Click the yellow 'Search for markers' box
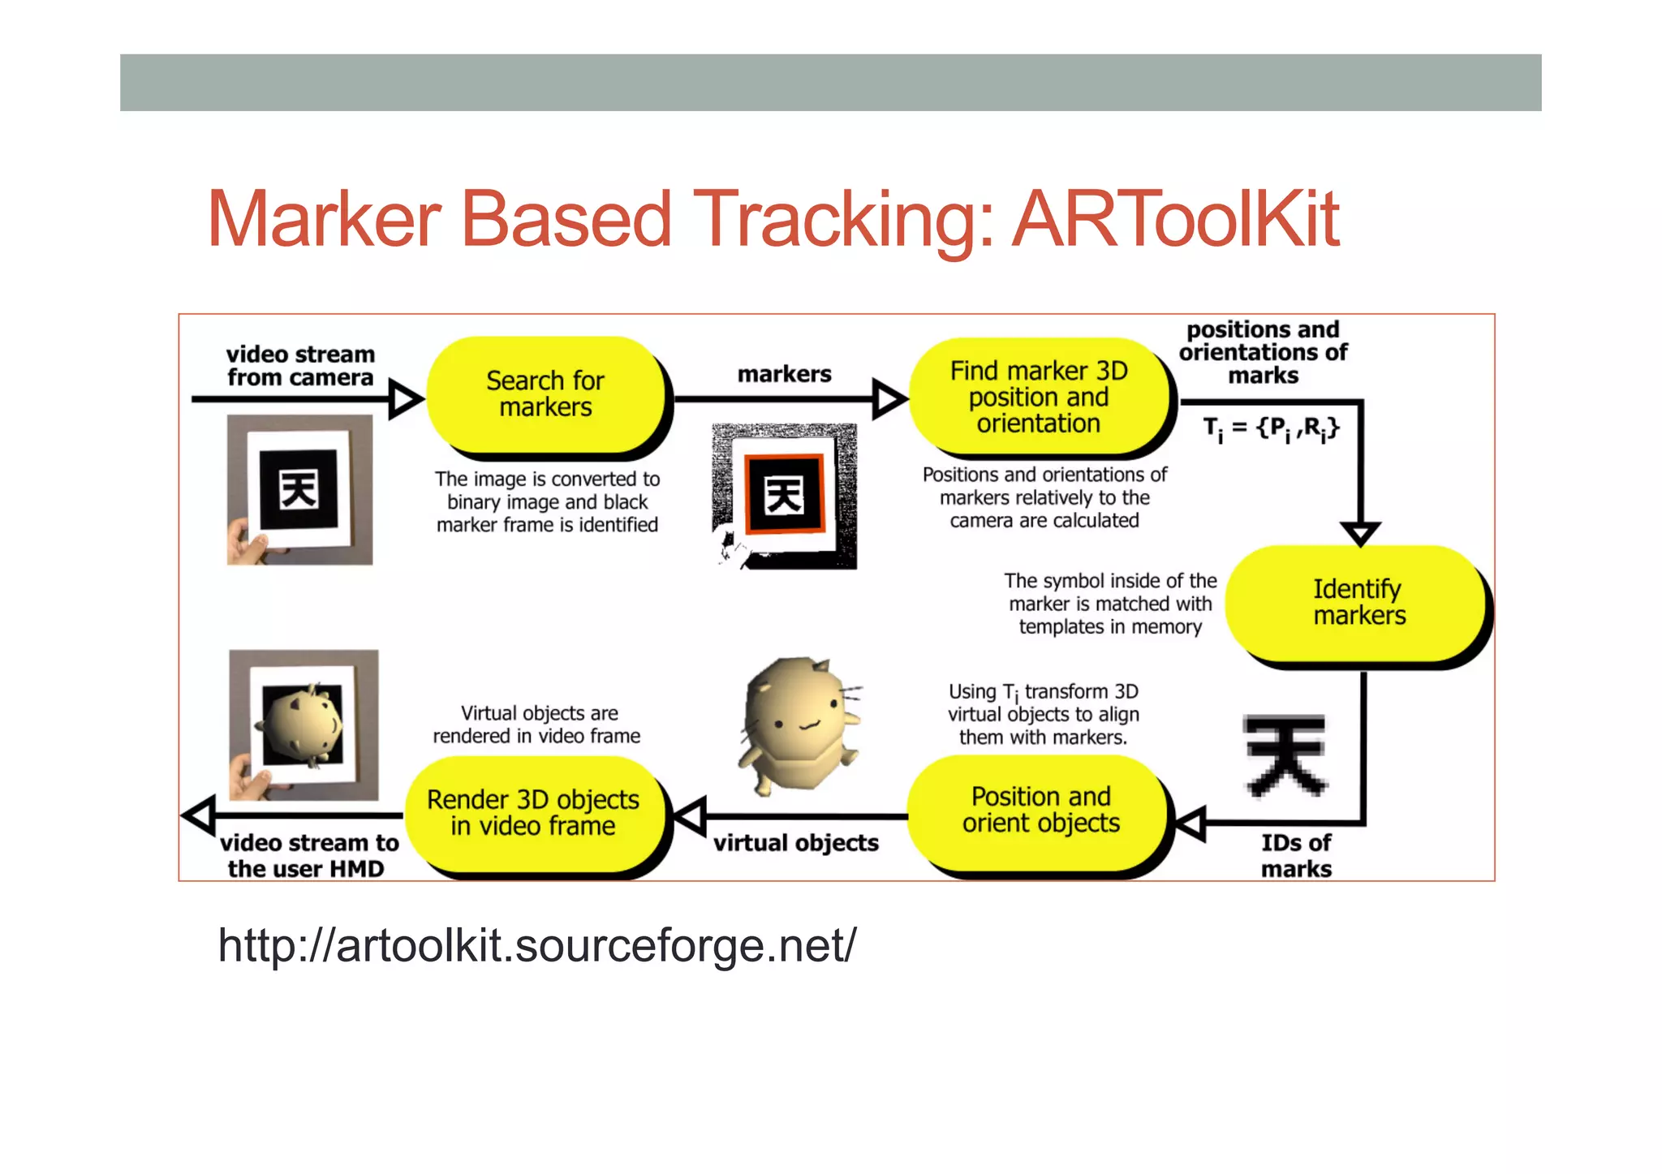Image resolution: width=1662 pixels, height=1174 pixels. point(545,394)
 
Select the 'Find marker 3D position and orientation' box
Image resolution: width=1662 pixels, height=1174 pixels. point(1039,397)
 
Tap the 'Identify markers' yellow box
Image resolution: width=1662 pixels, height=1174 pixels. point(1358,602)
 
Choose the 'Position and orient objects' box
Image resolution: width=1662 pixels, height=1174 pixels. point(1040,810)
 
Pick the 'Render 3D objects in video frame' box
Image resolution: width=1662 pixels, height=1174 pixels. point(533,813)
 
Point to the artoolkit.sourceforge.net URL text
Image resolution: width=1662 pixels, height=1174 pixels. point(536,945)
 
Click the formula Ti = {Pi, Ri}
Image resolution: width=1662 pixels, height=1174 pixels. point(1270,428)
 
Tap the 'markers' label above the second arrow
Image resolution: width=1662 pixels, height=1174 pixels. point(784,374)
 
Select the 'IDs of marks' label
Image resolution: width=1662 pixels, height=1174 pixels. point(1296,855)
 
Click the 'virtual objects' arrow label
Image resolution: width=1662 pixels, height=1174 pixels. point(795,843)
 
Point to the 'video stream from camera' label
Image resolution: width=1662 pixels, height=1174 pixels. point(300,366)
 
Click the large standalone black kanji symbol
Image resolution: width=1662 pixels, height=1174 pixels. point(1285,755)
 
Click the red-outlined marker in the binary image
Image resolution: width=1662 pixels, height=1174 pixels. point(784,495)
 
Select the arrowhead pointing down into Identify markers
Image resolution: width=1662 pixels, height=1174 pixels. point(1361,533)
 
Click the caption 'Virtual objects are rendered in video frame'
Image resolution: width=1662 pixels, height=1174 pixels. point(536,725)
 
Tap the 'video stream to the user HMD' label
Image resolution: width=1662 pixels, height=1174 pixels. point(308,855)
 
